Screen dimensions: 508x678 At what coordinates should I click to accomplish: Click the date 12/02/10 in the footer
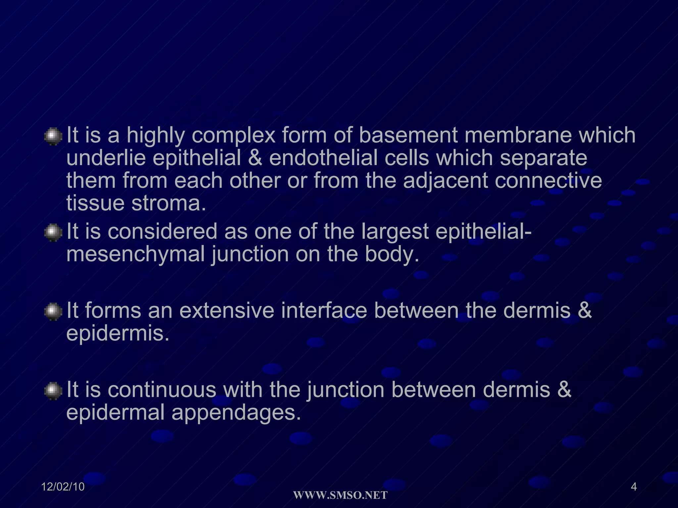tap(63, 487)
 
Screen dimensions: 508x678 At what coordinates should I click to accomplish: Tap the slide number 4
tap(634, 487)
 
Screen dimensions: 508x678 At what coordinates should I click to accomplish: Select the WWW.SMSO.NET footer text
tap(340, 495)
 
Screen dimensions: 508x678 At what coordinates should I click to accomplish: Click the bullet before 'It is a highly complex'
tap(53, 136)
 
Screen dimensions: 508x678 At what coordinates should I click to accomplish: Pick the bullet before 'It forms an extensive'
tap(53, 311)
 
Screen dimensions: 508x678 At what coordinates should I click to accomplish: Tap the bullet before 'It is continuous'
tap(53, 391)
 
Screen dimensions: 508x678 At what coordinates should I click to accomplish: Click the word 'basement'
tap(408, 136)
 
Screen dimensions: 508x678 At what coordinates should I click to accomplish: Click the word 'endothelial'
tap(323, 158)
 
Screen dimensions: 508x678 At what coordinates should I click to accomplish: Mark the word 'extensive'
tap(227, 311)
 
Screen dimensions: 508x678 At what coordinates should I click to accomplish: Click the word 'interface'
tap(324, 311)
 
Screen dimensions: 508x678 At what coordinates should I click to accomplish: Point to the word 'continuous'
tap(162, 390)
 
